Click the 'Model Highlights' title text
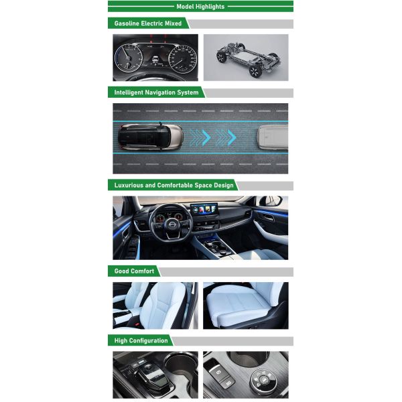[200, 7]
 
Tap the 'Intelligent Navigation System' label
[156, 92]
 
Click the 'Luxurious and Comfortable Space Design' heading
[174, 185]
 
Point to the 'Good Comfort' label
[134, 271]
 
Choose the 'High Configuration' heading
[141, 340]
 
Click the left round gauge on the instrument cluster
[128, 58]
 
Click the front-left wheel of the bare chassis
[222, 57]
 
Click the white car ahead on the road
[273, 139]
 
